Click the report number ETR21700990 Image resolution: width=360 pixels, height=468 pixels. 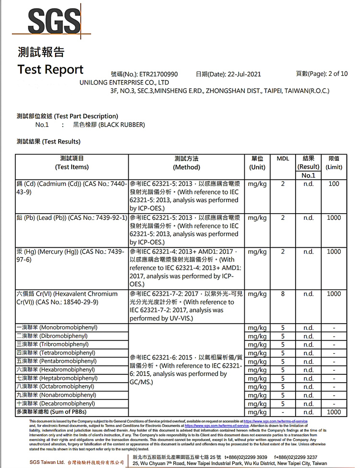pyautogui.click(x=158, y=74)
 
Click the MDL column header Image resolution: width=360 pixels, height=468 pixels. pyautogui.click(x=283, y=159)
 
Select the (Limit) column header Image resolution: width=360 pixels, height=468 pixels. pyautogui.click(x=334, y=167)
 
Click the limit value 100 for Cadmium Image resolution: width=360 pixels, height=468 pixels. pyautogui.click(x=334, y=184)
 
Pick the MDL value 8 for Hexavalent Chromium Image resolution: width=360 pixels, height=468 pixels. pyautogui.click(x=283, y=294)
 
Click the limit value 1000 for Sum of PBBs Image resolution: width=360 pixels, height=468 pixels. pyautogui.click(x=334, y=412)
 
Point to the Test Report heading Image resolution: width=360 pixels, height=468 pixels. pyautogui.click(x=50, y=70)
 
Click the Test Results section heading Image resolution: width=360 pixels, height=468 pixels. pyautogui.click(x=48, y=142)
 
